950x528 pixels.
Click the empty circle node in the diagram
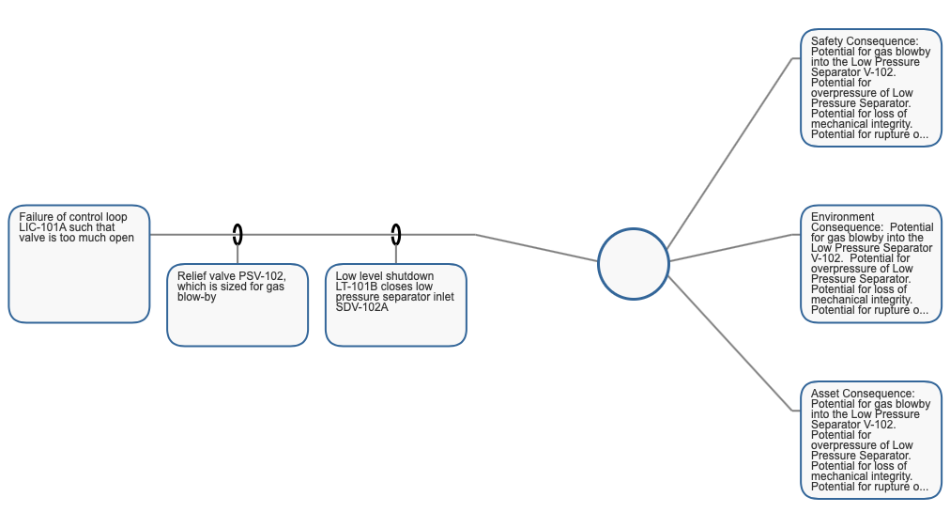tap(633, 264)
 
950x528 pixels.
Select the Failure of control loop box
tap(79, 264)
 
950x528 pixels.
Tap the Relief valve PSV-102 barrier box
tap(237, 305)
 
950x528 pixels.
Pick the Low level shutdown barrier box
tap(395, 305)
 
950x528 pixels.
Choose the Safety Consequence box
tap(871, 88)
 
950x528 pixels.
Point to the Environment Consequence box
tap(871, 264)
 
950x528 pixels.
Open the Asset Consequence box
tap(871, 440)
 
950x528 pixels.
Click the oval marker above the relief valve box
tap(237, 235)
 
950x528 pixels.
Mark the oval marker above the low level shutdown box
tap(395, 235)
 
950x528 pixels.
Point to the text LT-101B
tap(356, 287)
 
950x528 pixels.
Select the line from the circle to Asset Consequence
tap(728, 343)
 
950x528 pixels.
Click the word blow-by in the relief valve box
tap(197, 297)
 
